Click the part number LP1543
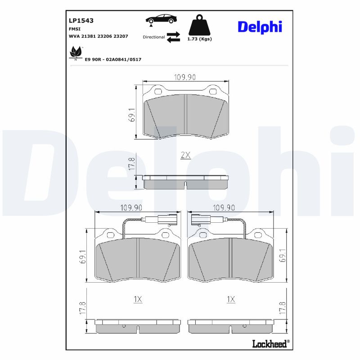pyautogui.click(x=81, y=20)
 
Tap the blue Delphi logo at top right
pyautogui.click(x=260, y=27)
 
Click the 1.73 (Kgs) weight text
pyautogui.click(x=199, y=39)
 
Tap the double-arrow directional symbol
pyautogui.click(x=173, y=37)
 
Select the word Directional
pyautogui.click(x=153, y=37)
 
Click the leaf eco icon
pyautogui.click(x=75, y=53)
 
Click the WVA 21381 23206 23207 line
pyautogui.click(x=99, y=36)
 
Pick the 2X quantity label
pyautogui.click(x=185, y=155)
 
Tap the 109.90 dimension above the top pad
pyautogui.click(x=185, y=77)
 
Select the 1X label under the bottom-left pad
pyautogui.click(x=138, y=299)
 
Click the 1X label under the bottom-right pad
pyautogui.click(x=231, y=299)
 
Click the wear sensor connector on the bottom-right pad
pyautogui.click(x=199, y=220)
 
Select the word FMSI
pyautogui.click(x=75, y=28)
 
